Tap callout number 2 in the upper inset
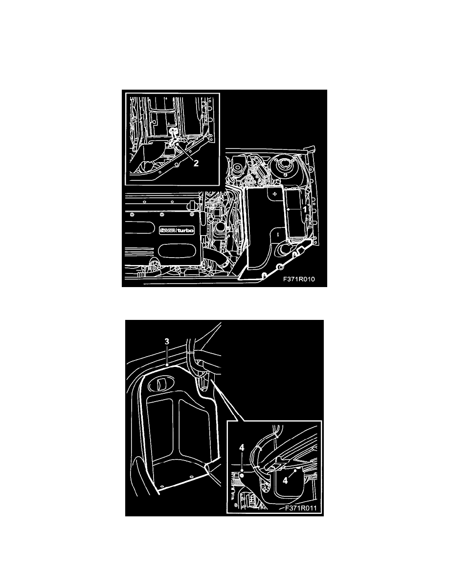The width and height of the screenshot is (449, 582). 196,164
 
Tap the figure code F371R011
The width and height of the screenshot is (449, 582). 300,508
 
